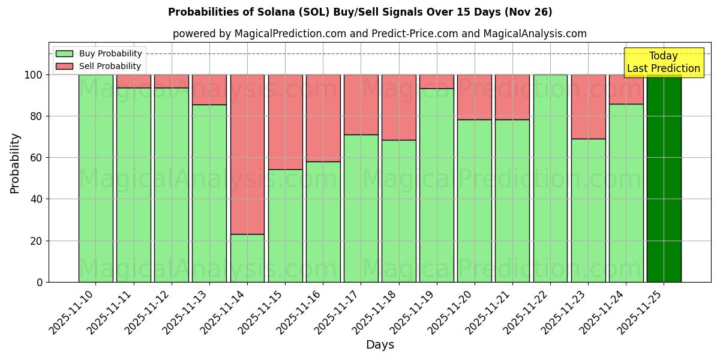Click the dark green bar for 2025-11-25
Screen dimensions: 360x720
[x=664, y=178]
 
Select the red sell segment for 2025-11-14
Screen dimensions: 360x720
[x=247, y=154]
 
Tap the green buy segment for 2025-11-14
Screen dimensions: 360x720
[x=247, y=258]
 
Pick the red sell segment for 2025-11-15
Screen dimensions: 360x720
[x=285, y=122]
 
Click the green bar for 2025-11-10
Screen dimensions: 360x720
[x=95, y=178]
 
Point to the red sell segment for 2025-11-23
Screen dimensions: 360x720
[x=588, y=107]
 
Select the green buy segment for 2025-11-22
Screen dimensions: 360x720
[x=550, y=178]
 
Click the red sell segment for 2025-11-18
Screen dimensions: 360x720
[x=399, y=107]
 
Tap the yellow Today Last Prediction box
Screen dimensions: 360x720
[x=663, y=62]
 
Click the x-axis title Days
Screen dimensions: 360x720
[x=380, y=345]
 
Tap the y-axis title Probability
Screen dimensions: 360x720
[x=15, y=163]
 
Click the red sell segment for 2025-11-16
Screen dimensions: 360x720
[x=323, y=118]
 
